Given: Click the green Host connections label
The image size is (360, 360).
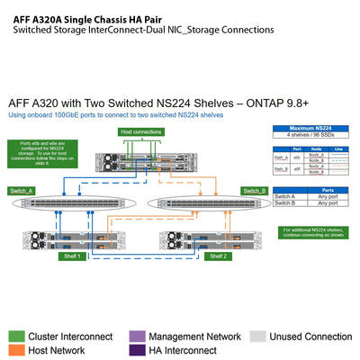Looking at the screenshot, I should [x=139, y=132].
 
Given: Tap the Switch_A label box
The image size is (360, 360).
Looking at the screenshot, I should [x=22, y=191].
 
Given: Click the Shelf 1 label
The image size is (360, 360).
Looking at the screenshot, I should [x=73, y=256].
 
